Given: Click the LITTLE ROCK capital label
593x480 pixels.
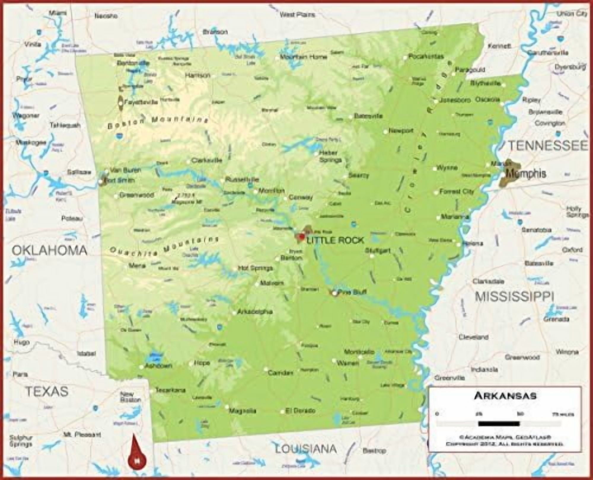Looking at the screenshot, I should (335, 240).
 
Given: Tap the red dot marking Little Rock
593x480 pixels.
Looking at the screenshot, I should (302, 237).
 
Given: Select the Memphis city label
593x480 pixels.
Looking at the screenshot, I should (526, 174).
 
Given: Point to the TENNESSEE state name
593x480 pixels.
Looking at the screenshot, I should (548, 145).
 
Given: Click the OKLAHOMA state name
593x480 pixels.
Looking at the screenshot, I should (50, 251).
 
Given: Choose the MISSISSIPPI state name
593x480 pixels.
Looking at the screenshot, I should (514, 296).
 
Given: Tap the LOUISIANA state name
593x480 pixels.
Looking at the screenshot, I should (306, 449).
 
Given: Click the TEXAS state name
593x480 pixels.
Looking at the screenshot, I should (47, 391).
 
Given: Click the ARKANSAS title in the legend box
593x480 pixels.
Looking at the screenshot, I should (505, 396).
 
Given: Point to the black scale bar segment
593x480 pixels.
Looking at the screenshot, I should (499, 424).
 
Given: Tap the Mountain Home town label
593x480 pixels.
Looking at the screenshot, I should (303, 57).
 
